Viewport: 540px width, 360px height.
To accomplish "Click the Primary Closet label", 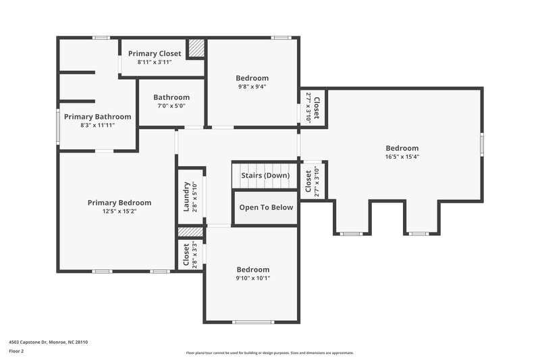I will coord(159,53).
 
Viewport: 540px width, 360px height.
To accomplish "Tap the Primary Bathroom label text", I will coord(98,117).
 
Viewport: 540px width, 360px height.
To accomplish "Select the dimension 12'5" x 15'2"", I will coord(119,211).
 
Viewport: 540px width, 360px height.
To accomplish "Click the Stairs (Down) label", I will coord(265,176).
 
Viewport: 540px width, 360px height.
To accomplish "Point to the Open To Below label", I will coord(266,207).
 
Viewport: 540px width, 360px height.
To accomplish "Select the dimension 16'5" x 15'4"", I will coord(402,157).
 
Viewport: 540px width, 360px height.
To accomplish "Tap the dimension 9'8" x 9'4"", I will coord(252,86).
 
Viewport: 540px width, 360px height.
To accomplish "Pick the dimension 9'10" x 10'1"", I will coord(252,278).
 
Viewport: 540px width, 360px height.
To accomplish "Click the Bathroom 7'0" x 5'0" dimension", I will coord(171,106).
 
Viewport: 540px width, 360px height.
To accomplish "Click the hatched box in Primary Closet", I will coord(196,48).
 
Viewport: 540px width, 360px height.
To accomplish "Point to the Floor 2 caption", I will coord(17,352).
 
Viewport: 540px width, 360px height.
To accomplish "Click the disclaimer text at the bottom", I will coord(269,353).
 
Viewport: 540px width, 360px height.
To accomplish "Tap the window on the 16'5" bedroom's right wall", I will coord(482,145).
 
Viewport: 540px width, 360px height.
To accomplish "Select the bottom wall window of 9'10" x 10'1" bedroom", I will coord(252,322).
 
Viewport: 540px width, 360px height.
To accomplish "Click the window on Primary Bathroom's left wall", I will coord(58,126).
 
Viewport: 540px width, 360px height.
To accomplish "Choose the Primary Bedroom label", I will coord(119,203).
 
